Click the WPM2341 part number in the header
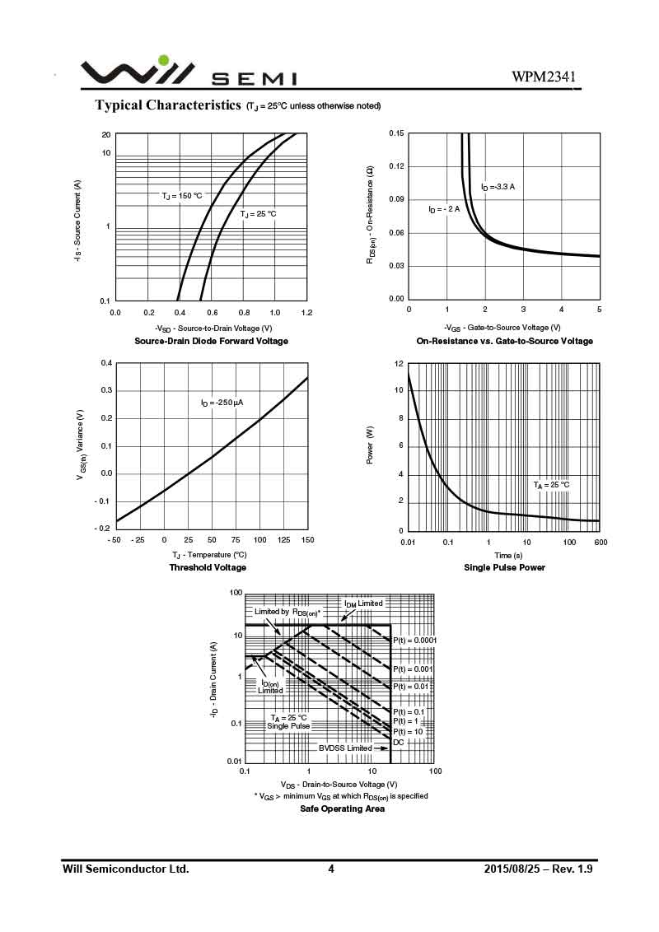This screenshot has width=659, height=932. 543,77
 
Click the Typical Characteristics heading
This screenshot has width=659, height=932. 168,105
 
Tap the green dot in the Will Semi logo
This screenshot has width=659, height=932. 164,59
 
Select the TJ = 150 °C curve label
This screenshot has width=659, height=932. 181,196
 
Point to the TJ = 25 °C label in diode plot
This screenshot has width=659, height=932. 258,214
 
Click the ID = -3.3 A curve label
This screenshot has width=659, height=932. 498,187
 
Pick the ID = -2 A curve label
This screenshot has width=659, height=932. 444,209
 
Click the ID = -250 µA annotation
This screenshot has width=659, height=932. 222,403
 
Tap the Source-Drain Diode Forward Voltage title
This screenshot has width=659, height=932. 211,341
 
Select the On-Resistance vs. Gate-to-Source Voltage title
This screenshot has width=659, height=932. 504,341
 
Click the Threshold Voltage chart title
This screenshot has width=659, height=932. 208,567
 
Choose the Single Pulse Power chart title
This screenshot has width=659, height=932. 504,567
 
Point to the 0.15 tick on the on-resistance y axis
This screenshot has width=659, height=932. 396,133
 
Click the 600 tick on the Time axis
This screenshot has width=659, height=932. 600,543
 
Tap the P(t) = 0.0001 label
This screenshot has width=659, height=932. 414,640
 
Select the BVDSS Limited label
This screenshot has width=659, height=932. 345,748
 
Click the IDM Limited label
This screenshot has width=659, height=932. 363,603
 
